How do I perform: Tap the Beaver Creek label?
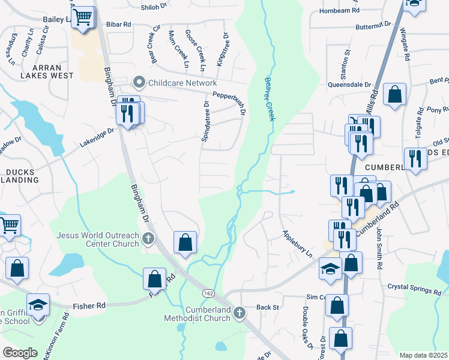point(270,98)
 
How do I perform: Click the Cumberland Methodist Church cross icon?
point(239,313)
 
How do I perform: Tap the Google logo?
point(20,353)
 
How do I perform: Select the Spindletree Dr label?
point(206,121)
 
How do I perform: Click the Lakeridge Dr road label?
point(97,139)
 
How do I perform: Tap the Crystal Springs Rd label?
point(414,288)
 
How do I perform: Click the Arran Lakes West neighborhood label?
point(46,72)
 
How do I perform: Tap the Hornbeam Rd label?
point(339,11)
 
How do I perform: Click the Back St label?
point(268,307)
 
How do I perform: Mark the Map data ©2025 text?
point(424,355)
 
